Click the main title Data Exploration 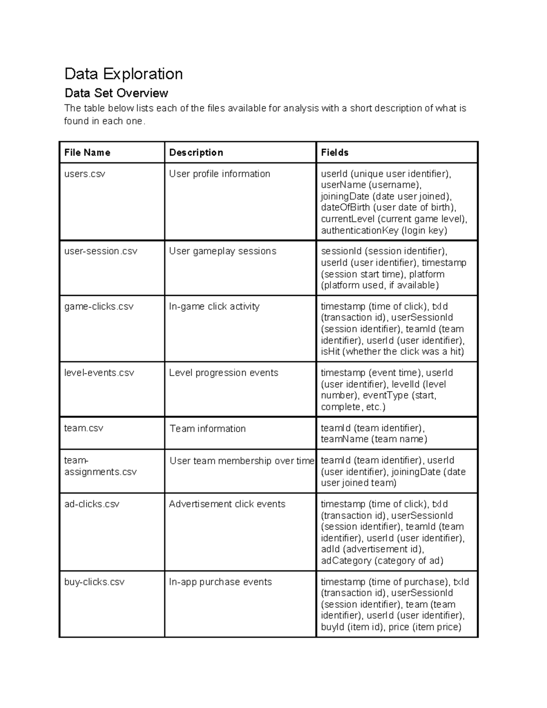[124, 74]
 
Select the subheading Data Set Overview [116, 93]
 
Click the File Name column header [87, 153]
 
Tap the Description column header [196, 153]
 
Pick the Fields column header [335, 153]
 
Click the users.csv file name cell [85, 174]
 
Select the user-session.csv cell [101, 251]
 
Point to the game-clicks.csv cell [99, 307]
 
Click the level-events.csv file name [99, 373]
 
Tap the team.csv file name [84, 429]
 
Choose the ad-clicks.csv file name [92, 504]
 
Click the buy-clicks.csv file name [94, 582]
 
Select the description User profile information [219, 174]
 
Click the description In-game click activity [214, 307]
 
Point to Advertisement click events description [227, 504]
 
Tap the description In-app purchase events [220, 582]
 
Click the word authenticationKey [360, 231]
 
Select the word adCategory [346, 561]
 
